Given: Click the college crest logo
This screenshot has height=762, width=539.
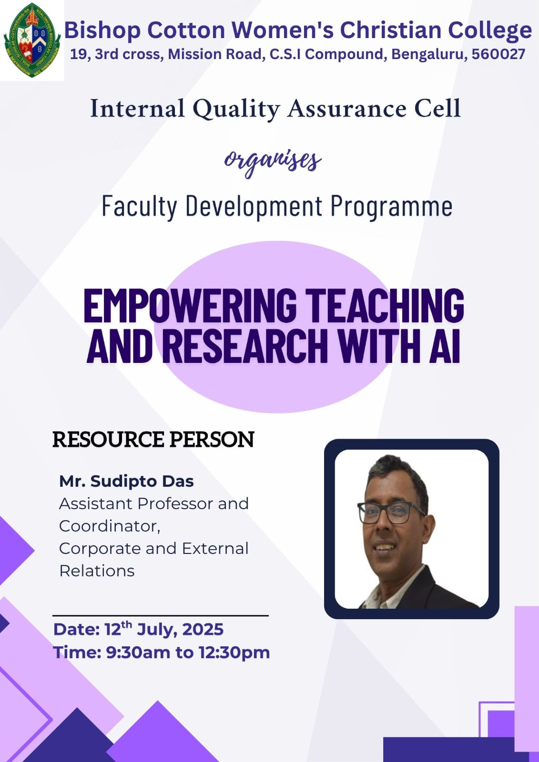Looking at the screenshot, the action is [x=32, y=40].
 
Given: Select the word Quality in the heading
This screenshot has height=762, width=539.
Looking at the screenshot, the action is [x=236, y=109].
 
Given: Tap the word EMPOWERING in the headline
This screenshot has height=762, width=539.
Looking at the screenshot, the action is [x=190, y=305].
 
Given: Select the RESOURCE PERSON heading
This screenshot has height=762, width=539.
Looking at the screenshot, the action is [x=153, y=440].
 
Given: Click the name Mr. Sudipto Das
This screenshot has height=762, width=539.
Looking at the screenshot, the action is [x=126, y=481].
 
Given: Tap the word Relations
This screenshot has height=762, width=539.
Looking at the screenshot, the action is [x=97, y=571].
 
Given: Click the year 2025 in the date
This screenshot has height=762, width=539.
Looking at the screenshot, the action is [x=203, y=629].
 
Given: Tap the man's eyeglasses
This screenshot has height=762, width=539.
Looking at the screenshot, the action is [x=391, y=512].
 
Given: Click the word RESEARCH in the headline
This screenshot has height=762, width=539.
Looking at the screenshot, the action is [x=245, y=346].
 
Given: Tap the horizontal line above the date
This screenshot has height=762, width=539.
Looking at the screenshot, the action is [x=161, y=615].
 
